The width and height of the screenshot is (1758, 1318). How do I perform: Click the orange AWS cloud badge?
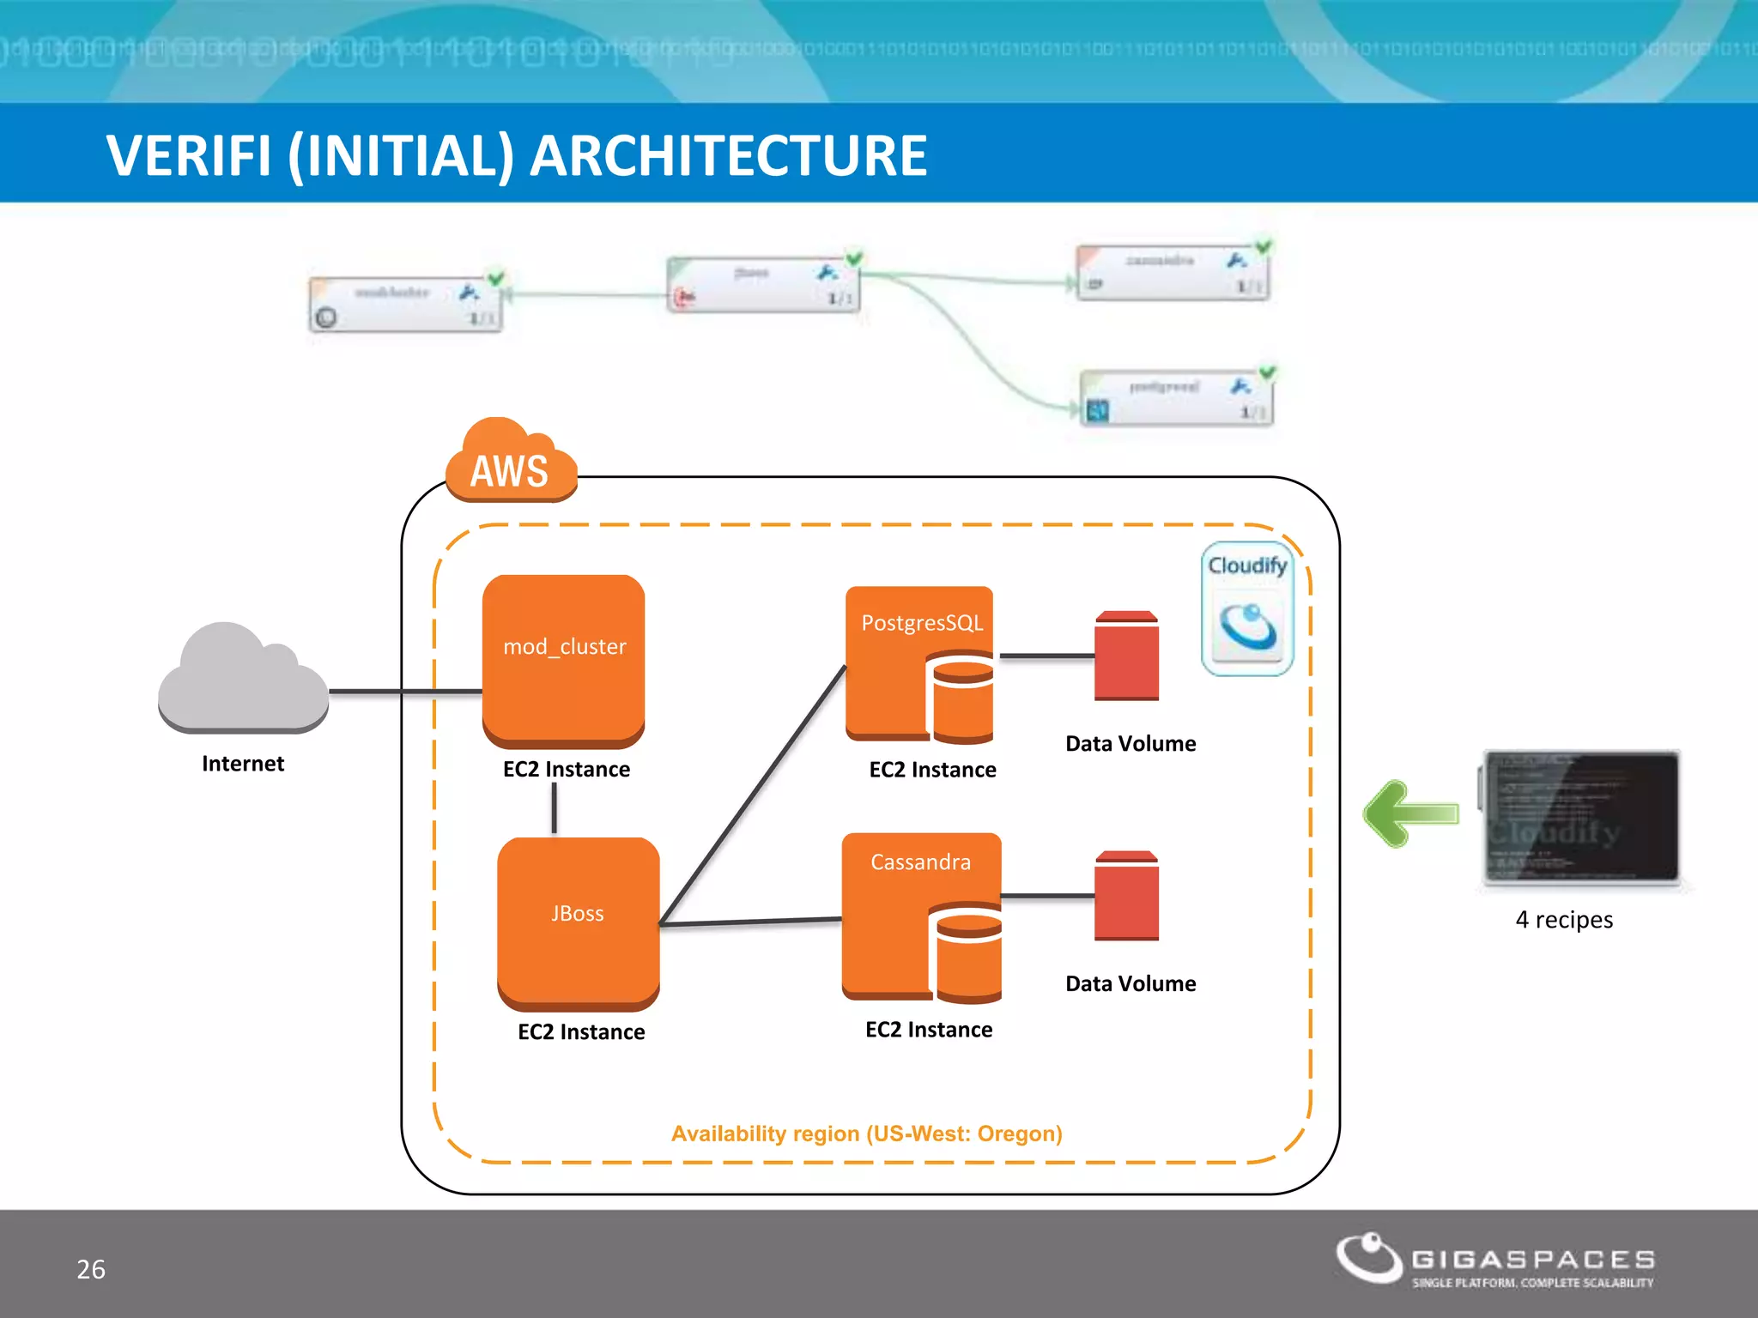click(512, 463)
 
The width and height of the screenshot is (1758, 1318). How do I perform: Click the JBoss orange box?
click(578, 922)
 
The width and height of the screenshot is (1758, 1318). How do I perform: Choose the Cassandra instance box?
click(921, 915)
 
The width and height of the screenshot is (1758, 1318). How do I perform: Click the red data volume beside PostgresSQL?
click(1126, 656)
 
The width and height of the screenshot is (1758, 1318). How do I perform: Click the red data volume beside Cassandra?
click(1126, 896)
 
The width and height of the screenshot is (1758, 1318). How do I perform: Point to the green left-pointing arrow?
click(1410, 813)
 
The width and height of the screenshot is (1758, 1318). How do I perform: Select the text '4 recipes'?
click(1564, 920)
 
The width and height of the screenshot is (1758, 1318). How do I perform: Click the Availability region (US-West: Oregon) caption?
click(866, 1134)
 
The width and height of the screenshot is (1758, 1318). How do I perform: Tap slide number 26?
click(91, 1269)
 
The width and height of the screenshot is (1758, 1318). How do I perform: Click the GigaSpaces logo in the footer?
click(1494, 1261)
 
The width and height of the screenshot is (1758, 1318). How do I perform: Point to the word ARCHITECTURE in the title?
click(729, 156)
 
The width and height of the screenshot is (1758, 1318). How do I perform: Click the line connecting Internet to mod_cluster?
click(403, 691)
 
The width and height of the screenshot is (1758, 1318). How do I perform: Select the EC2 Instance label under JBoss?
click(581, 1031)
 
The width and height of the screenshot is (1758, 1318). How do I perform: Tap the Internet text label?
click(243, 764)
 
